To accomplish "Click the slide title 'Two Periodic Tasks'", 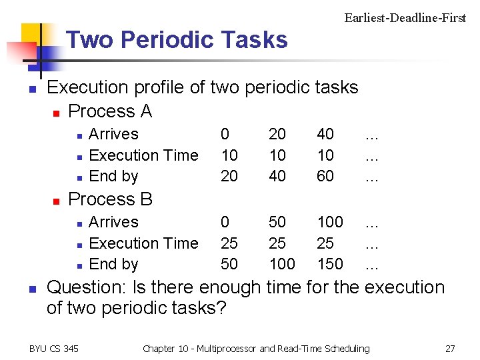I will pyautogui.click(x=177, y=41).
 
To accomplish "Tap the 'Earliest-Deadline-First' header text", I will pyautogui.click(x=405, y=18).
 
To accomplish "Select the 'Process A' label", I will pyautogui.click(x=110, y=111).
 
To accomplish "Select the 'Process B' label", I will pyautogui.click(x=111, y=199).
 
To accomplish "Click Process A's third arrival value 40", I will pyautogui.click(x=325, y=134).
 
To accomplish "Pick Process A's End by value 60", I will pyautogui.click(x=325, y=177).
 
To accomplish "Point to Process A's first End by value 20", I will pyautogui.click(x=229, y=177).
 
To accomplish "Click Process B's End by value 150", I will pyautogui.click(x=330, y=265).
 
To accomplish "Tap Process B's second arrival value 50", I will pyautogui.click(x=277, y=222).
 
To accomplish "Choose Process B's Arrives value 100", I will pyautogui.click(x=330, y=222).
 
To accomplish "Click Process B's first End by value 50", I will pyautogui.click(x=229, y=265).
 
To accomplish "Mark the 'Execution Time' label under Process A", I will pyautogui.click(x=143, y=155).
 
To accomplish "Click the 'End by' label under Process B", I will pyautogui.click(x=113, y=265).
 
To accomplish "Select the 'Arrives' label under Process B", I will pyautogui.click(x=113, y=222).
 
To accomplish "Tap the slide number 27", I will pyautogui.click(x=450, y=349).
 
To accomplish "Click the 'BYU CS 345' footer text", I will pyautogui.click(x=54, y=349).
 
